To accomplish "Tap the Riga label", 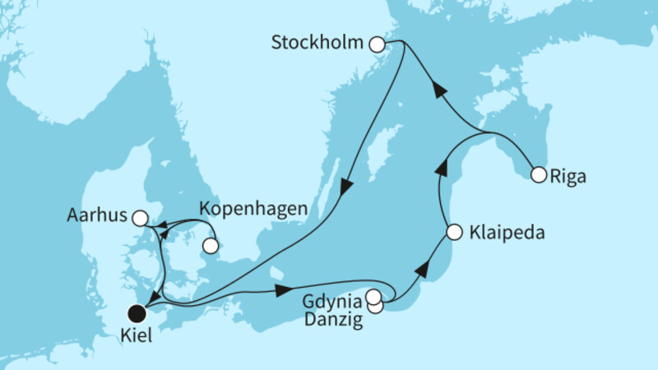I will tap(567, 174).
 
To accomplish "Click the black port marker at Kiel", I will tap(137, 312).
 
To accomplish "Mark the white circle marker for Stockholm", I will tap(378, 44).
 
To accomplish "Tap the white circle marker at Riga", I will tap(538, 174).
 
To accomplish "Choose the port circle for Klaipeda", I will tap(453, 233).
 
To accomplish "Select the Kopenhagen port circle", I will tap(211, 245).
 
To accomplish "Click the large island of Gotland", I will tap(380, 160).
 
